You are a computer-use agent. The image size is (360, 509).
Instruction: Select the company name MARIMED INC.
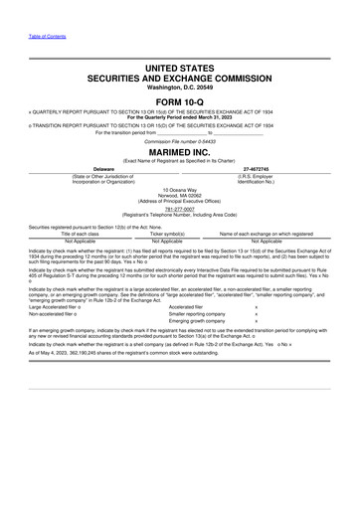[180, 152]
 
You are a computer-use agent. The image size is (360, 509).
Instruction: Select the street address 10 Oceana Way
[180, 187]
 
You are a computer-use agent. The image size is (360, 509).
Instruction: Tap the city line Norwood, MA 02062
[180, 193]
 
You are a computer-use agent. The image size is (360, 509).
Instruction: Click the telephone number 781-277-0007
[180, 209]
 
